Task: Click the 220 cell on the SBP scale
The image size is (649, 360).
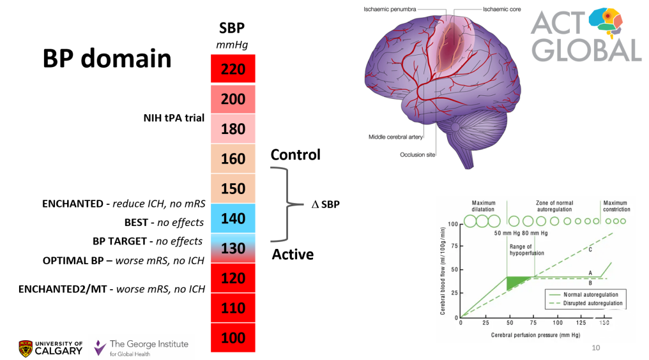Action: coord(233,69)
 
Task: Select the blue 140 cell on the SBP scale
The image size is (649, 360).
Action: coord(233,218)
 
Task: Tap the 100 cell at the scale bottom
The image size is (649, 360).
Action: coord(233,338)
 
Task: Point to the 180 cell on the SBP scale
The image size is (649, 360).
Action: coord(233,129)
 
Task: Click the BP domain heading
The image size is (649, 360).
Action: coord(107,58)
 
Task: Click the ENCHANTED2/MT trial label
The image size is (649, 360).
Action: coord(112,289)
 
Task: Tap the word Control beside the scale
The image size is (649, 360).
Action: coord(295,155)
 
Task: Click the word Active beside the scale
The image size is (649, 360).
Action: coord(293,255)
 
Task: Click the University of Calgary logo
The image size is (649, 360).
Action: coord(50,348)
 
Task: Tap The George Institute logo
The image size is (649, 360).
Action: coord(141,348)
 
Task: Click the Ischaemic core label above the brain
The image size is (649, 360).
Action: coord(494,10)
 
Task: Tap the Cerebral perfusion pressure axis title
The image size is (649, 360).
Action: coord(531,334)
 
